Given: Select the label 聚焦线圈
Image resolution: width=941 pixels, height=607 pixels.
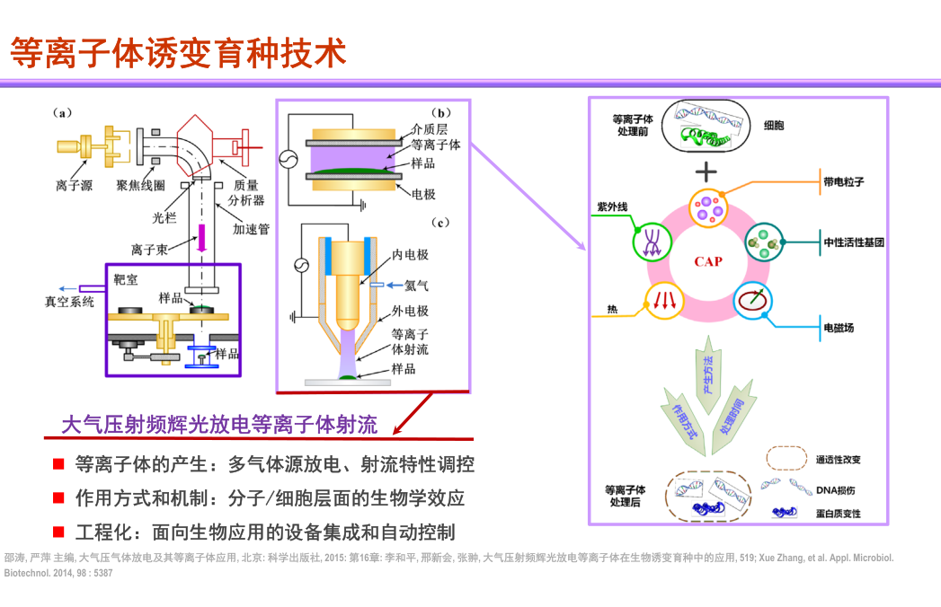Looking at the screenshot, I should (x=139, y=186).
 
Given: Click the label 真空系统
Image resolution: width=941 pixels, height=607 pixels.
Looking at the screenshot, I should (x=70, y=302).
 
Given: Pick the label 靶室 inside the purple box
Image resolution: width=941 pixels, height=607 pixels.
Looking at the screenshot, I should (x=126, y=280).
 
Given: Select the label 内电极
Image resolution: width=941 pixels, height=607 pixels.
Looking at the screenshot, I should (x=411, y=255).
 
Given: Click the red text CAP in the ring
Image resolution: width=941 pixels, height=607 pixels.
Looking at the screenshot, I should (x=708, y=261).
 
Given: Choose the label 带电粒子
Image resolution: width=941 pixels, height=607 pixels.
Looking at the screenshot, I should (x=843, y=181).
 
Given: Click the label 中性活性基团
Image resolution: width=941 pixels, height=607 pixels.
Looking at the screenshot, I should (x=853, y=242).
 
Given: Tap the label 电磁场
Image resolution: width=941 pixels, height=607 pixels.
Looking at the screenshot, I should (x=839, y=328).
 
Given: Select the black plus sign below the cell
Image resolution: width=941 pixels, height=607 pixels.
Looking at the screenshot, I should (x=708, y=171).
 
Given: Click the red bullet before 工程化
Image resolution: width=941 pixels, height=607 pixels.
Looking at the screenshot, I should (x=58, y=532).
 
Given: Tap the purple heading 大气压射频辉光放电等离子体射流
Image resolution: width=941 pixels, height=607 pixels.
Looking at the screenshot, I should (x=219, y=425).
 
